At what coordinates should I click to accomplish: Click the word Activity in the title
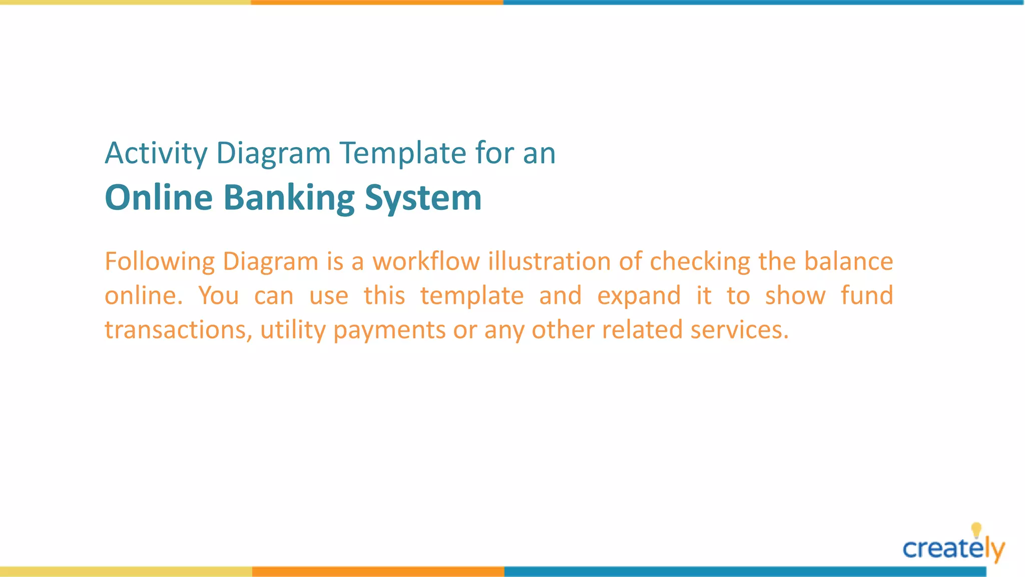click(x=156, y=153)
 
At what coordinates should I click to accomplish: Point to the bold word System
click(x=423, y=198)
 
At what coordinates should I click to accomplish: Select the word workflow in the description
click(x=426, y=261)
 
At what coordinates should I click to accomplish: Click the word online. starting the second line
click(x=143, y=296)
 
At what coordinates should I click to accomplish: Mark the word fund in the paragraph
click(x=866, y=296)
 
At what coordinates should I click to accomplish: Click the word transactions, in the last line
click(x=179, y=330)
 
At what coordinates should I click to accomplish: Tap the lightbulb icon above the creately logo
click(x=976, y=530)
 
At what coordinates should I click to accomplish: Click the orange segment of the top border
click(x=377, y=3)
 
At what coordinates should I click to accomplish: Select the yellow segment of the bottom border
click(x=126, y=571)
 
